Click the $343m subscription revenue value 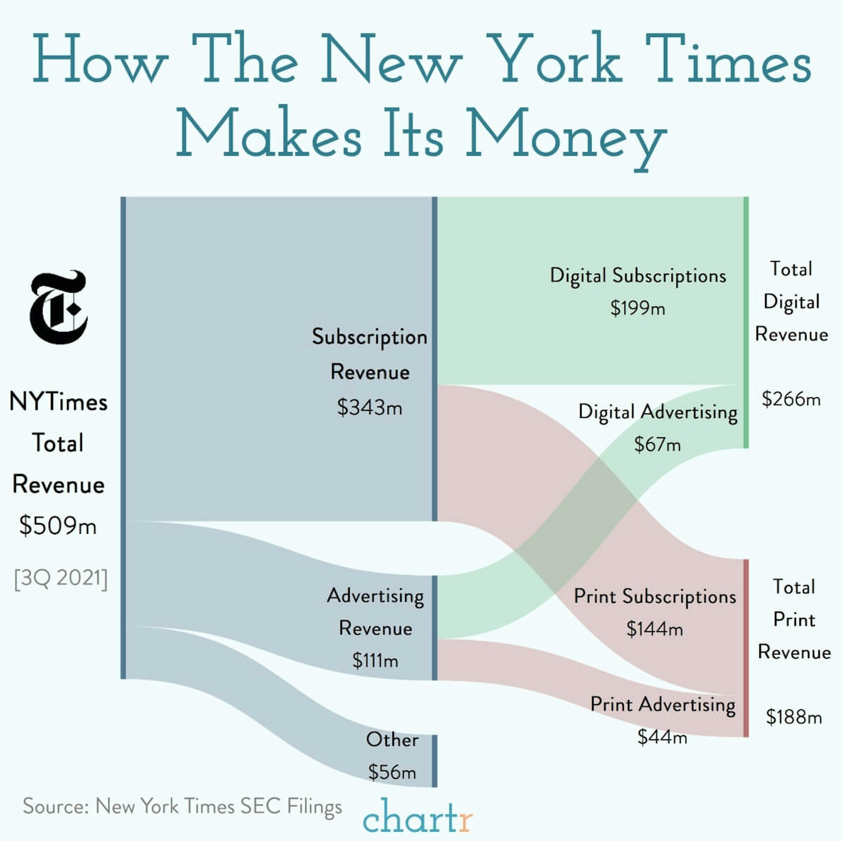point(369,407)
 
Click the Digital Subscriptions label point(638,276)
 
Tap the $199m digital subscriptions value point(638,308)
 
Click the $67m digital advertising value point(657,445)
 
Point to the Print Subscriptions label point(655,596)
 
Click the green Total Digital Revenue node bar point(746,322)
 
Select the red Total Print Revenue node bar point(746,648)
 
